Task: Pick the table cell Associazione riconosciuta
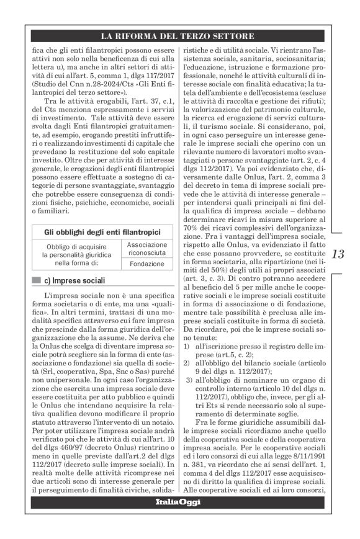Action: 142,249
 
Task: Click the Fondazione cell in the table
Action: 142,264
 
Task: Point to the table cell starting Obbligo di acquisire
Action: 70,254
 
